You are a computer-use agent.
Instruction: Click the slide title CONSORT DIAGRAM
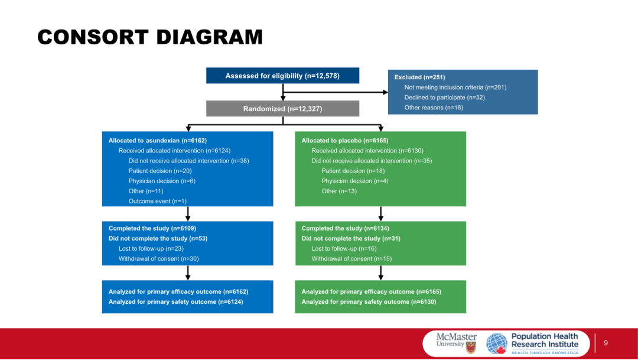point(150,37)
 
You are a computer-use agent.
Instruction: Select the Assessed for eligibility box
point(282,76)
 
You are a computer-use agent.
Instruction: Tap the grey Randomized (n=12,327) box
point(282,109)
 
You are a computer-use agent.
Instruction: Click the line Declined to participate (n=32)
point(444,98)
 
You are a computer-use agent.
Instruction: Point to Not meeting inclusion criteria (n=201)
point(455,87)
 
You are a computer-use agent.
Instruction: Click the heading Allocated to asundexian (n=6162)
point(158,141)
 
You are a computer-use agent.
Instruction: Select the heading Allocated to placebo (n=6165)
point(345,141)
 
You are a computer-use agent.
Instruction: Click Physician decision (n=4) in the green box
point(354,181)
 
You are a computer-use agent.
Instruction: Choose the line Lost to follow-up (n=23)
point(151,249)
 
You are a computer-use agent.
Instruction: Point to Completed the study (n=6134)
point(345,228)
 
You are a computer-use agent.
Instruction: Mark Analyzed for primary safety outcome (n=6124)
point(175,302)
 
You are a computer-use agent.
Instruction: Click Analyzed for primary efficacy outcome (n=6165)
point(371,292)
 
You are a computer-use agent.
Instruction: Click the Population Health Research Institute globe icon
point(497,343)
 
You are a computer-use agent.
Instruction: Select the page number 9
point(606,343)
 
